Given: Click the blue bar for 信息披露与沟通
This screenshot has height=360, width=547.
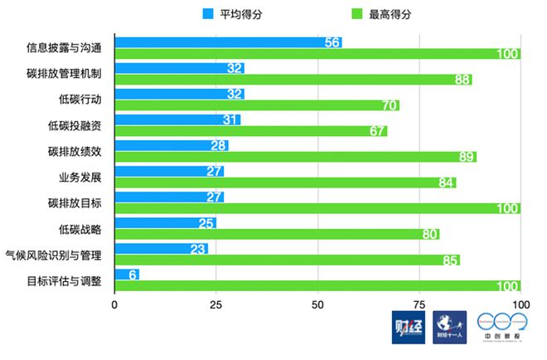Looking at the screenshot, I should point(228,42).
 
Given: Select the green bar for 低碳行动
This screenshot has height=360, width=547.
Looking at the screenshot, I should point(257,105).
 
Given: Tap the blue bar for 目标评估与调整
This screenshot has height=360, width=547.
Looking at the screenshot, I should point(127,275).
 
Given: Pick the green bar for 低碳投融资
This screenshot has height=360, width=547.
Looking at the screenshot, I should point(250,131).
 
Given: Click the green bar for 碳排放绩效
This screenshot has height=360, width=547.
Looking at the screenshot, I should point(295,157).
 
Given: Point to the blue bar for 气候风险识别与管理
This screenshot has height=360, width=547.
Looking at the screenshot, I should point(161,248).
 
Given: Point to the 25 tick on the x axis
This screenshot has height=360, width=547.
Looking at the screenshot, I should point(215,305).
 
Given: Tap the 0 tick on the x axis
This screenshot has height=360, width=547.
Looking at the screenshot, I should point(114,305).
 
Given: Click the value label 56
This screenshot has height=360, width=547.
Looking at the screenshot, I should point(333,42).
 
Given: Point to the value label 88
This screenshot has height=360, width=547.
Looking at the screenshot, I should point(462,80).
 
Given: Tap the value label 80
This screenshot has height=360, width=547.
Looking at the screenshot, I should point(430,234).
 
